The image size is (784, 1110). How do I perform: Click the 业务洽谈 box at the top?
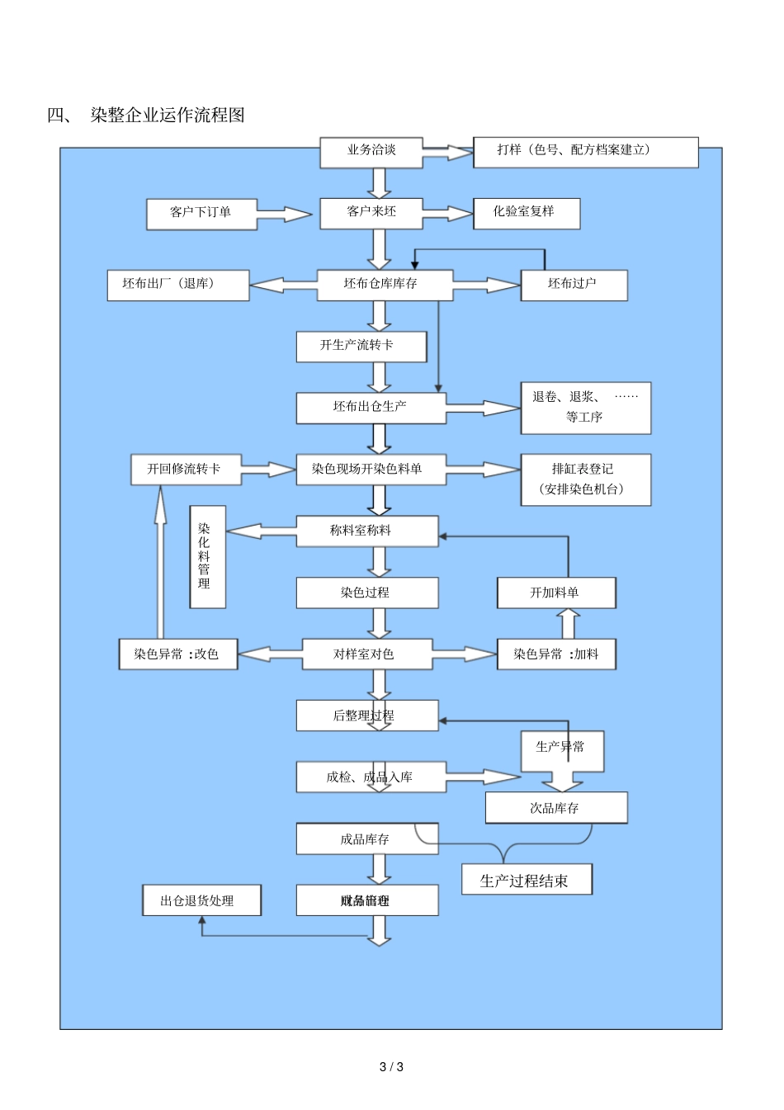pos(371,152)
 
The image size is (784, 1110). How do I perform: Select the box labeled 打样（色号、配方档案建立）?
pos(585,152)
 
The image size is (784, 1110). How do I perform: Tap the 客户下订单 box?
pos(201,214)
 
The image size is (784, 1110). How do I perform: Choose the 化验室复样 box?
pos(526,213)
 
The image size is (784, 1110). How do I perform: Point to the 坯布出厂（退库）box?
pos(177,285)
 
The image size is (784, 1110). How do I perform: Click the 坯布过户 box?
pos(574,285)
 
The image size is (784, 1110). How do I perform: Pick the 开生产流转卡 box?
pos(361,347)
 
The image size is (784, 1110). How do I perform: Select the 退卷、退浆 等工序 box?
pos(585,408)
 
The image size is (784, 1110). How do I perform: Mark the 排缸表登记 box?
pos(585,479)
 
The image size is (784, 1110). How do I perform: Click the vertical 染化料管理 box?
pos(207,557)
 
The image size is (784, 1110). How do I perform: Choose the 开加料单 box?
pos(555,593)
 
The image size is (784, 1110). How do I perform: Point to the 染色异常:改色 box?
pos(178,654)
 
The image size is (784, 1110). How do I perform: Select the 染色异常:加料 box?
pos(556,654)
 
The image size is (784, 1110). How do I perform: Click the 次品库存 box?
pos(555,808)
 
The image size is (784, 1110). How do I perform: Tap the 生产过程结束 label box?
pos(527,880)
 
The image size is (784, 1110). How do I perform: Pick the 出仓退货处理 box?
pos(201,900)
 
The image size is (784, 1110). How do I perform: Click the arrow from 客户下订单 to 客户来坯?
pos(284,215)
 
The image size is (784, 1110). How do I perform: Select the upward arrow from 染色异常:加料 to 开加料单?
pos(568,624)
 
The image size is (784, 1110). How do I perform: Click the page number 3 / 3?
pos(391,1067)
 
